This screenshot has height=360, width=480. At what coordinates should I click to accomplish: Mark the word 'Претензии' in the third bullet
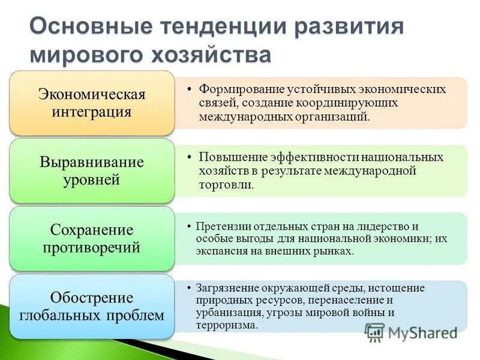(220, 226)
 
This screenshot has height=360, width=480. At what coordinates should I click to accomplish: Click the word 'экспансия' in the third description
(217, 251)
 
